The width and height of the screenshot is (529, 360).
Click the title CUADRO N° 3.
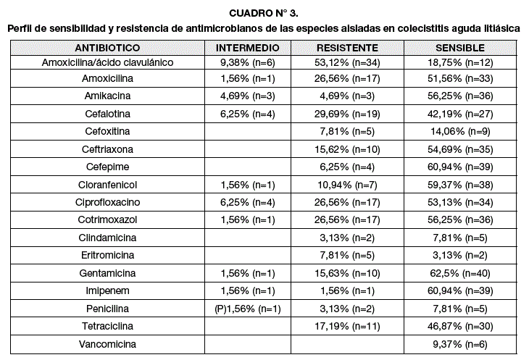pos(264,13)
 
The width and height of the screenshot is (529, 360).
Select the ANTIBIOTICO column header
pos(107,48)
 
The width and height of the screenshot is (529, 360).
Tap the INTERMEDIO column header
pos(248,48)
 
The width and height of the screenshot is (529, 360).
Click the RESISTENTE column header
pos(347,48)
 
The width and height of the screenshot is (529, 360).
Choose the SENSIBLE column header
pos(460,48)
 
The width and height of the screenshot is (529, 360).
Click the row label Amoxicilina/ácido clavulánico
pos(107,62)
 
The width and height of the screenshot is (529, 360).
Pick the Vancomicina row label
pos(107,344)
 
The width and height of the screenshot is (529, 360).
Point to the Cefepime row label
pos(107,167)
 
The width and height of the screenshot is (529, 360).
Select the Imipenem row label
pos(107,290)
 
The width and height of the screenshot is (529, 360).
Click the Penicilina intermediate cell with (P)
pos(248,309)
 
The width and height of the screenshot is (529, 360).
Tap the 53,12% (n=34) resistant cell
pos(347,62)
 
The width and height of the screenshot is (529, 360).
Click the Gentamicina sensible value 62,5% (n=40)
pos(460,273)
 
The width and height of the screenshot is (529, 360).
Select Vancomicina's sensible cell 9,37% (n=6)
pos(460,344)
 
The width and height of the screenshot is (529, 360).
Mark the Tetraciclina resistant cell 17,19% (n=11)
pos(347,326)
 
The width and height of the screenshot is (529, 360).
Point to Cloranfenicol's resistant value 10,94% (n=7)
pos(347,185)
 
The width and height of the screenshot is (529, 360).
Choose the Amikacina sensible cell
pos(460,96)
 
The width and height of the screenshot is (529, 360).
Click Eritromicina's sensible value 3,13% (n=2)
pos(460,255)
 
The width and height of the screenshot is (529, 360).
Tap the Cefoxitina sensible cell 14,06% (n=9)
pos(460,131)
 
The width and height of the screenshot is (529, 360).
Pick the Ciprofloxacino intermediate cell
pos(248,202)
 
